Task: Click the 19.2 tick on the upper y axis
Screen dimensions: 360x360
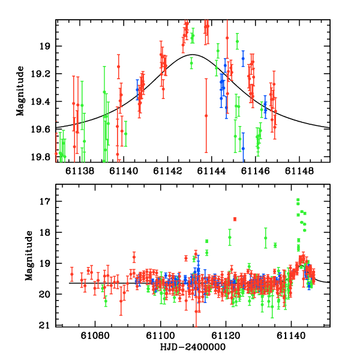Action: click(43, 74)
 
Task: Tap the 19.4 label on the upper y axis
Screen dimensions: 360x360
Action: click(43, 101)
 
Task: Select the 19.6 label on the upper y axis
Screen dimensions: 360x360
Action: click(43, 129)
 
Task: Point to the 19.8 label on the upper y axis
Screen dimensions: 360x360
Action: click(43, 157)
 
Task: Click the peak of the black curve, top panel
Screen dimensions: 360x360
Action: click(190, 55)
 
